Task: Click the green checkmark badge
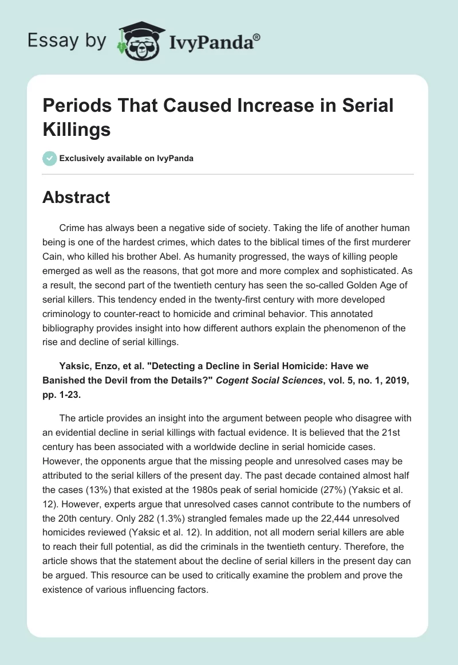[x=49, y=158]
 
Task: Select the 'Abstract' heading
[x=76, y=197]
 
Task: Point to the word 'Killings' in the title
[x=76, y=129]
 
